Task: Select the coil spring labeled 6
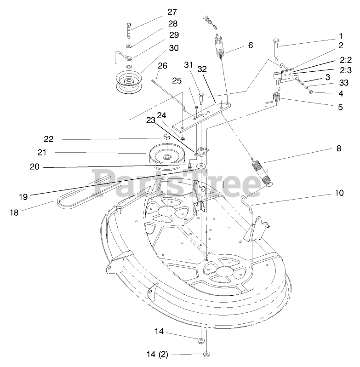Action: click(219, 46)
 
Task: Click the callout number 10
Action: click(339, 193)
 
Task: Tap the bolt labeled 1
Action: click(276, 48)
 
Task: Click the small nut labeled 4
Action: click(311, 92)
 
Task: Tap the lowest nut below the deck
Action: click(206, 354)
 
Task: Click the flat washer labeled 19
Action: click(201, 166)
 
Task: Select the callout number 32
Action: click(202, 69)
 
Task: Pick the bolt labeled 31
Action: click(201, 97)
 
